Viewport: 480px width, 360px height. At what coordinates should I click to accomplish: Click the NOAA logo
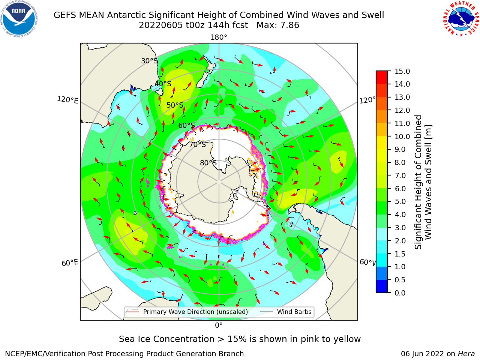19,19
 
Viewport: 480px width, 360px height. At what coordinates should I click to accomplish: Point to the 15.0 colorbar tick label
402,71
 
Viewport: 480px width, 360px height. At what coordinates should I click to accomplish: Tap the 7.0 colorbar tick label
400,175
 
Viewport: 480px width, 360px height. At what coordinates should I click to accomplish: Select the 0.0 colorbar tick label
400,293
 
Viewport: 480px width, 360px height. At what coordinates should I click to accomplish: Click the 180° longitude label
219,37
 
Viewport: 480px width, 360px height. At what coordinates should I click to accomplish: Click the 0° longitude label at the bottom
219,325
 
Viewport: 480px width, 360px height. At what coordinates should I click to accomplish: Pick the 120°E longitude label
67,100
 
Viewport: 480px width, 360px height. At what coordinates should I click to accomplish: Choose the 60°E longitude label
70,262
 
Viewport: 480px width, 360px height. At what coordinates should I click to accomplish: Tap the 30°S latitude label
149,61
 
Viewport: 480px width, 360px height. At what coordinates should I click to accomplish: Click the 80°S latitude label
208,163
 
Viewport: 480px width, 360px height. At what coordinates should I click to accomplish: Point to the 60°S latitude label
186,125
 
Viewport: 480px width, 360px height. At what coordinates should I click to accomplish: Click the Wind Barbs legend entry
286,312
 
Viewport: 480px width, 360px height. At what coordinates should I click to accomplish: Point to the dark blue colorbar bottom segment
382,286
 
